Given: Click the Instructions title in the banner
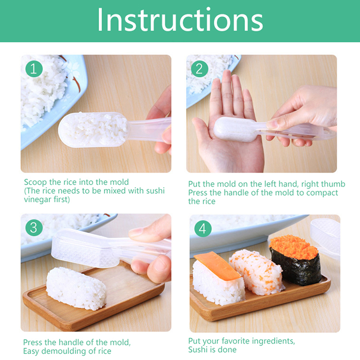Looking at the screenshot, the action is (180, 20).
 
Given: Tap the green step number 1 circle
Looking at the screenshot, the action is (34, 68).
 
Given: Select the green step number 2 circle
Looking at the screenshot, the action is (199, 69).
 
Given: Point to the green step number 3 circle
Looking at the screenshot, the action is (34, 228).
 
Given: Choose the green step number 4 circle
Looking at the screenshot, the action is (203, 228).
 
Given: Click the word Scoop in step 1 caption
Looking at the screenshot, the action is (36, 182).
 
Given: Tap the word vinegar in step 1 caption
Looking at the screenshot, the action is (38, 199).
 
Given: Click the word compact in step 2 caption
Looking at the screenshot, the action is (322, 193).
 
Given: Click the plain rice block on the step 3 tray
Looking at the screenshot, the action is (76, 288).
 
